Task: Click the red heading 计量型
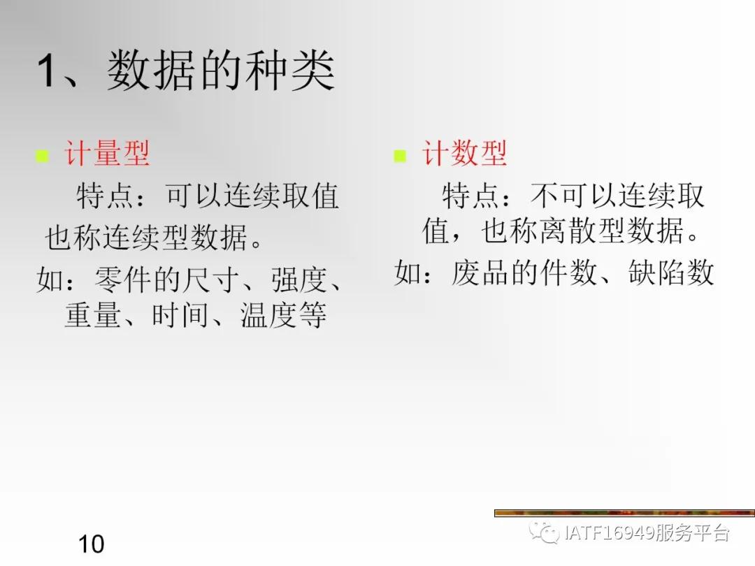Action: [107, 154]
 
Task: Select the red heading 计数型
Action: [464, 154]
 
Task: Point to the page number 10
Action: [91, 543]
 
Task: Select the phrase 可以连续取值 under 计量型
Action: [252, 196]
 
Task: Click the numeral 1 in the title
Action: [46, 72]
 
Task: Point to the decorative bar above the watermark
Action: [624, 514]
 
